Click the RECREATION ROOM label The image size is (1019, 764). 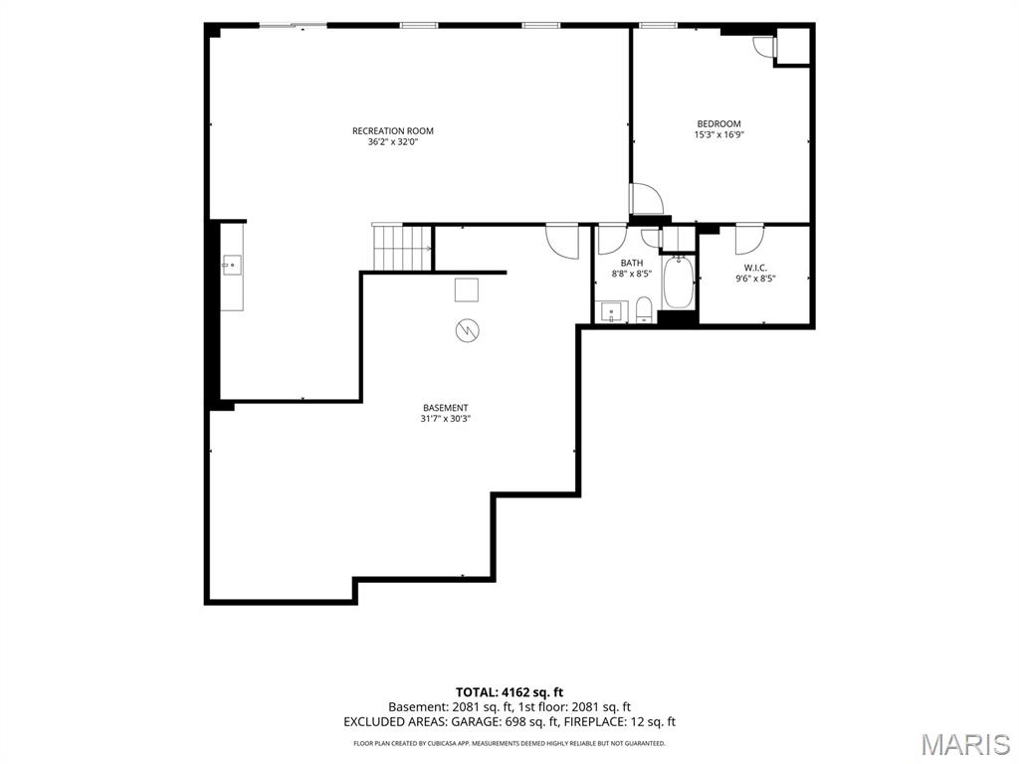pyautogui.click(x=392, y=130)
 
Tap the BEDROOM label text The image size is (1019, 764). pyautogui.click(x=718, y=123)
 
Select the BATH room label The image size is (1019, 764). pyautogui.click(x=632, y=263)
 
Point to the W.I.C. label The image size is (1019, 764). pyautogui.click(x=755, y=267)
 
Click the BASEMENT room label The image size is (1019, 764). pyautogui.click(x=445, y=408)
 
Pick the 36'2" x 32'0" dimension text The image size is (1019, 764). pyautogui.click(x=392, y=141)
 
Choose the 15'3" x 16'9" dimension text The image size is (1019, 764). pyautogui.click(x=718, y=134)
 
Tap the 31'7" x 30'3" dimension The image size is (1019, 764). pyautogui.click(x=445, y=419)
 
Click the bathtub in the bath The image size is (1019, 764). pyautogui.click(x=679, y=282)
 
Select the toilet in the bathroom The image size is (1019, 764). pyautogui.click(x=644, y=309)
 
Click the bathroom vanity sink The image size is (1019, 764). pyautogui.click(x=612, y=311)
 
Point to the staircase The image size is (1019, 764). pyautogui.click(x=402, y=248)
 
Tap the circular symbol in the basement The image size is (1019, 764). pyautogui.click(x=468, y=330)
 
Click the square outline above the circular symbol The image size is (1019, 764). pyautogui.click(x=467, y=289)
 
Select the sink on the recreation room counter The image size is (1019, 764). pyautogui.click(x=231, y=265)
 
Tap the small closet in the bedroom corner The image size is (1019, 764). pyautogui.click(x=792, y=46)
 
